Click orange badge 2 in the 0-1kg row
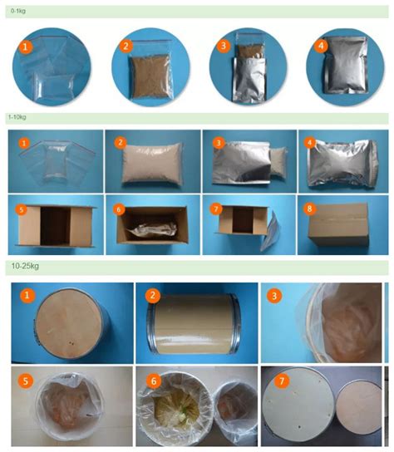click(126, 47)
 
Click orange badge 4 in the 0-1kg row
click(322, 46)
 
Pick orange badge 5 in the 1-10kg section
click(22, 209)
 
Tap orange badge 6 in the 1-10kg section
click(118, 209)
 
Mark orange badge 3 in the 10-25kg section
click(276, 296)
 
